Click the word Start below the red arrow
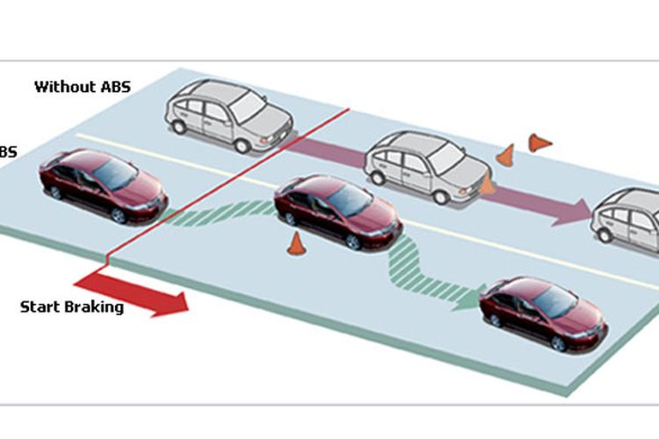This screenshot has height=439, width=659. (x=40, y=307)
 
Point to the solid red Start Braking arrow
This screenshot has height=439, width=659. (x=132, y=292)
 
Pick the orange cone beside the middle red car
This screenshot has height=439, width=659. (x=296, y=243)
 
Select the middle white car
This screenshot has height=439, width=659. (x=426, y=167)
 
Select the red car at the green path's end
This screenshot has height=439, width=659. (x=543, y=312)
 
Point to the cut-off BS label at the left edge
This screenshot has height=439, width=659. (x=7, y=152)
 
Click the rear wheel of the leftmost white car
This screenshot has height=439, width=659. (x=180, y=126)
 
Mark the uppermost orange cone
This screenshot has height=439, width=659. (x=539, y=141)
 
